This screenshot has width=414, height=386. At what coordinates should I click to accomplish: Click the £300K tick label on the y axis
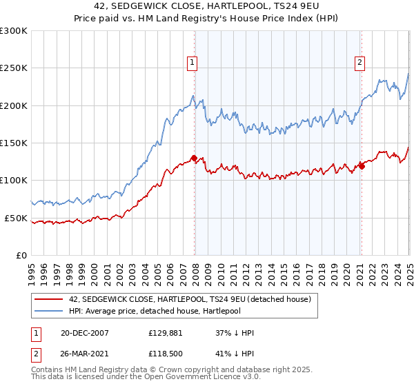tap(14, 31)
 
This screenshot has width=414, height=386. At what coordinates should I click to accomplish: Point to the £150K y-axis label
tap(14, 143)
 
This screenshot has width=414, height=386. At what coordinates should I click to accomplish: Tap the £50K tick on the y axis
tap(17, 218)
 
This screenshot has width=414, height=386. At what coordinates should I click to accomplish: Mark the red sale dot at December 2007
tap(194, 158)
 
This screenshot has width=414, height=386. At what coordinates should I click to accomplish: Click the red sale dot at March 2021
tap(362, 166)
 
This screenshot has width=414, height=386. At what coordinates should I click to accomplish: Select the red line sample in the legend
tap(48, 299)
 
